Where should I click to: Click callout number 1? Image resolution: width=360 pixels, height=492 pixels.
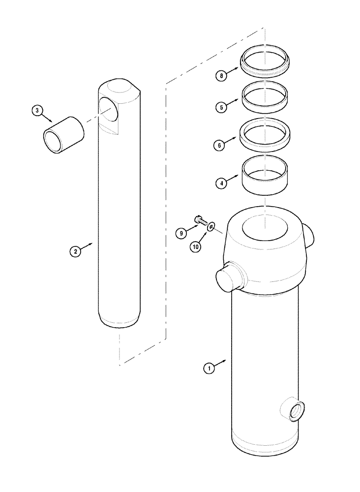[x=209, y=368]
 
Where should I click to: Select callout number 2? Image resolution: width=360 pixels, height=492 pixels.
[x=75, y=251]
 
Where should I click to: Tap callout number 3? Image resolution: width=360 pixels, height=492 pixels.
[x=37, y=111]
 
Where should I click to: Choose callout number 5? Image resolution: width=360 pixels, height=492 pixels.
[x=222, y=106]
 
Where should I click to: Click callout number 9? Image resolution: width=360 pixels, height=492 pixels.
[x=182, y=233]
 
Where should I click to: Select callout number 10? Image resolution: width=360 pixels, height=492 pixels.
[x=196, y=247]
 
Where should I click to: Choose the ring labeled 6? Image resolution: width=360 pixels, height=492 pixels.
[x=265, y=133]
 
